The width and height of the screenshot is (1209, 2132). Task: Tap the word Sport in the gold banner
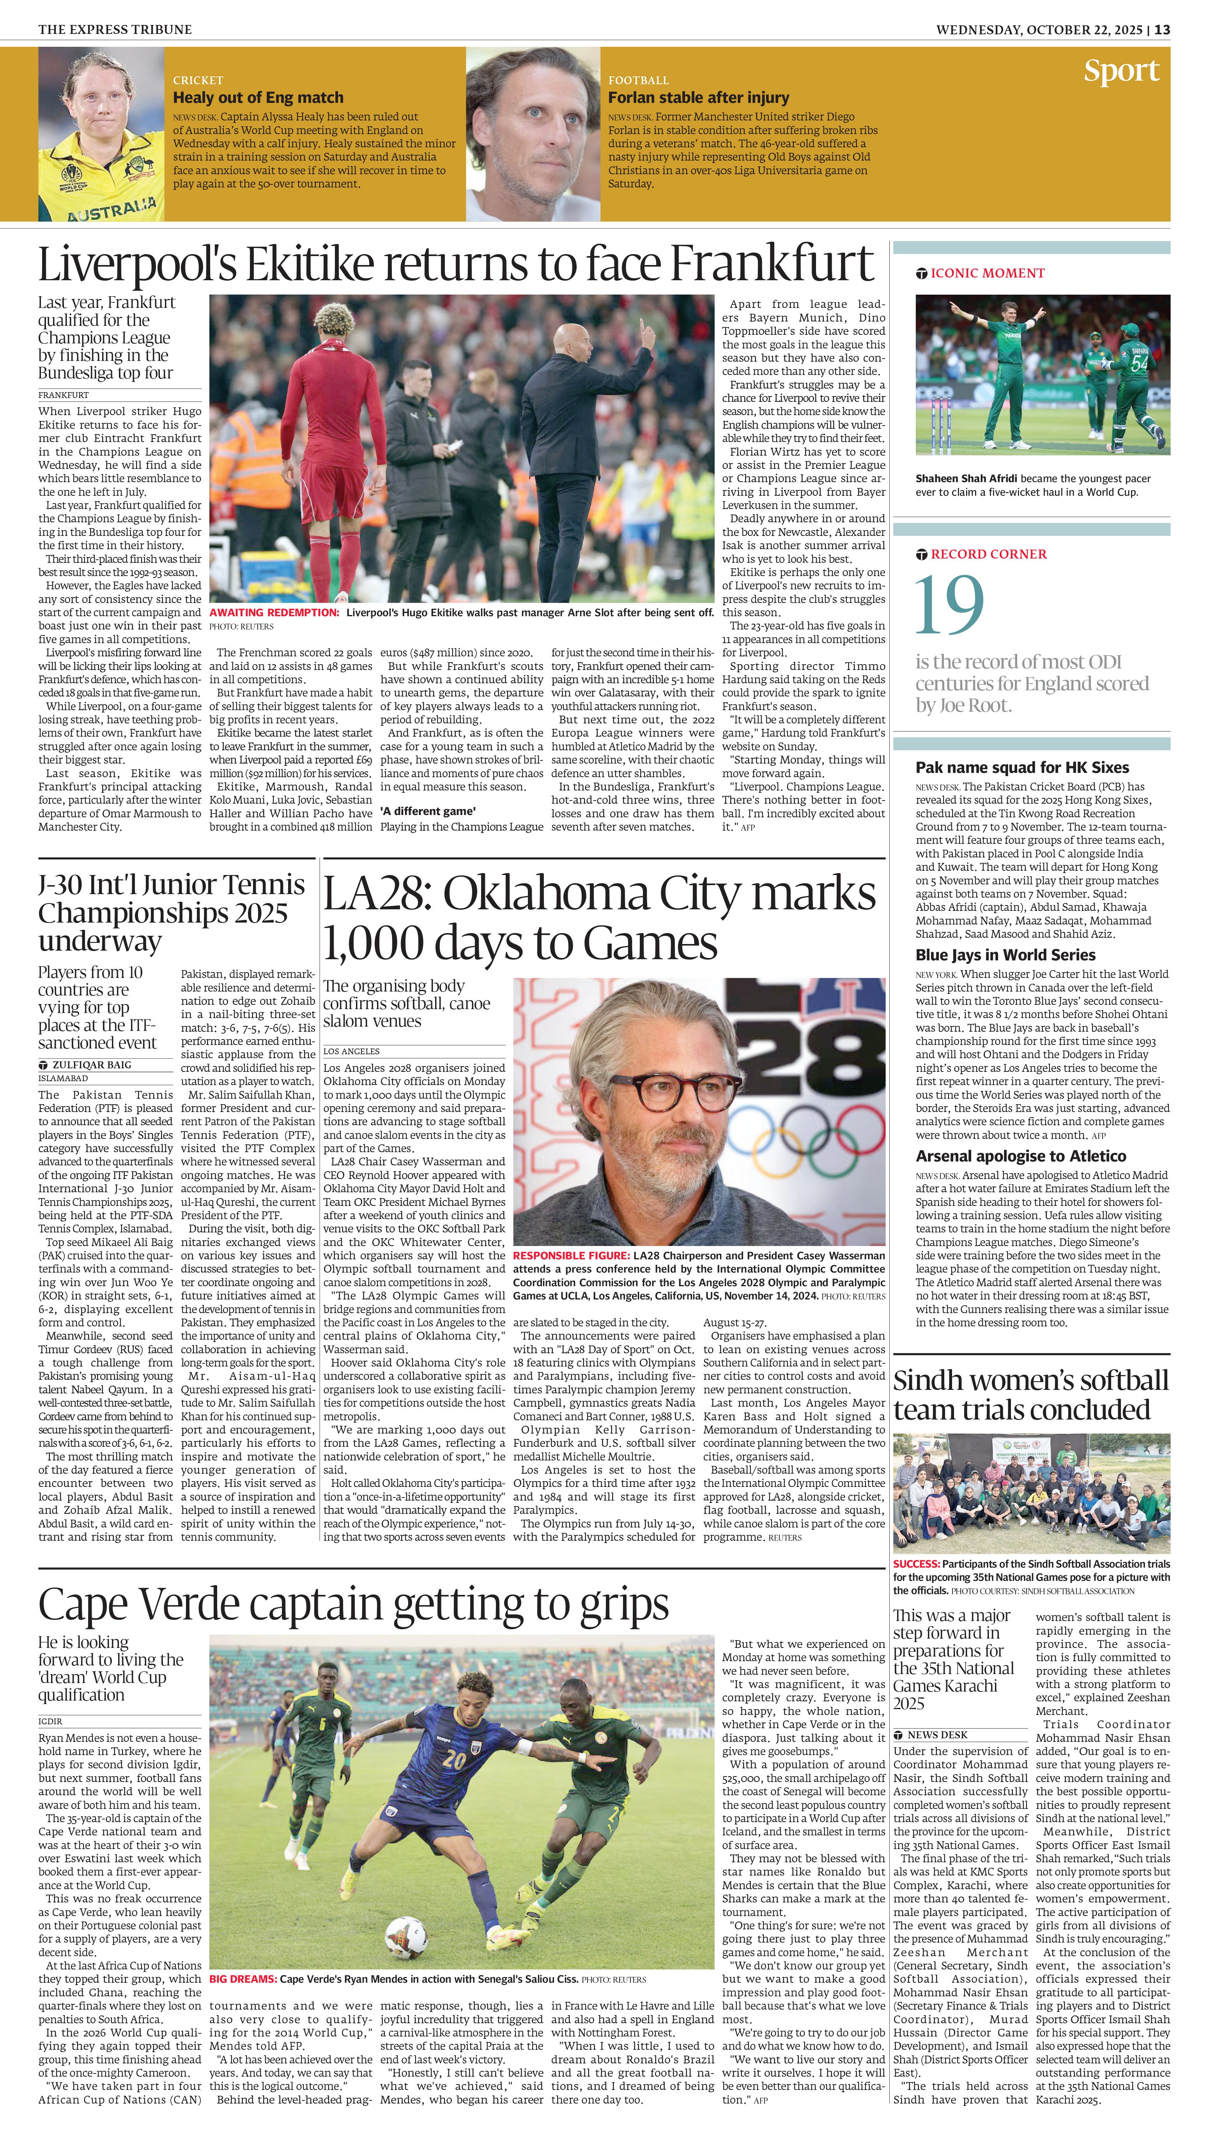click(x=1121, y=71)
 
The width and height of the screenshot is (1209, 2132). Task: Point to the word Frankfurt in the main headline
click(x=772, y=264)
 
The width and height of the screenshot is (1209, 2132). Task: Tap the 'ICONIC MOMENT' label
click(x=987, y=273)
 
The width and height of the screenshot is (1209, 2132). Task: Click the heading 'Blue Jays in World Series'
click(x=1005, y=955)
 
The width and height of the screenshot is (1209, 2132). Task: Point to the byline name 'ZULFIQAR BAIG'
click(x=91, y=1065)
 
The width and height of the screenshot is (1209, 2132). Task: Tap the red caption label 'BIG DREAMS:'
click(x=243, y=1979)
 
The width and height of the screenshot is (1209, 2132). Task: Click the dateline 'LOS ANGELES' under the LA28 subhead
click(x=351, y=1052)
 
